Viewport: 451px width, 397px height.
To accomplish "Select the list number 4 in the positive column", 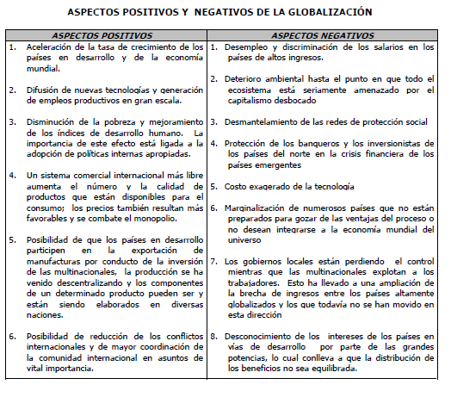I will tap(11, 175).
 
